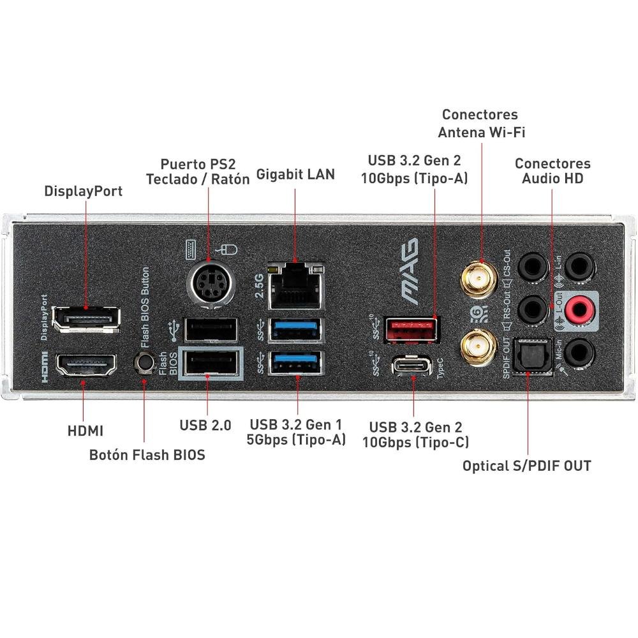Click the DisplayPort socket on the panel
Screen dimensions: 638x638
[x=85, y=318]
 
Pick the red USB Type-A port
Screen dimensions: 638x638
[x=412, y=329]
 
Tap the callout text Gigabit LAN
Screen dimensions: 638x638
[x=295, y=174]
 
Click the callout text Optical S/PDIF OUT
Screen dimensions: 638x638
[x=526, y=466]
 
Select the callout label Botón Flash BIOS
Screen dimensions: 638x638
[x=147, y=455]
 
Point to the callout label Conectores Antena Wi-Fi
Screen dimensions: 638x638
[x=480, y=123]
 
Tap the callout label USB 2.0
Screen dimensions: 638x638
[x=205, y=424]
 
